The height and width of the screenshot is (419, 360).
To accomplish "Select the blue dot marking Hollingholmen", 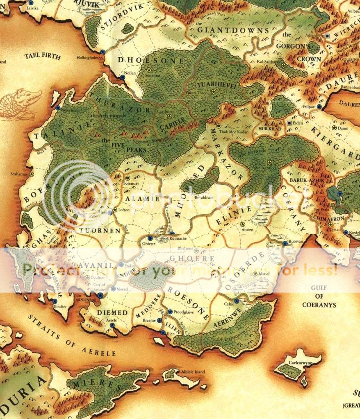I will [102, 52].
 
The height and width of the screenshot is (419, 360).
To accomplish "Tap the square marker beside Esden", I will [289, 123].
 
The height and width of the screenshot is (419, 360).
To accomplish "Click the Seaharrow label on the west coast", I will [20, 174].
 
